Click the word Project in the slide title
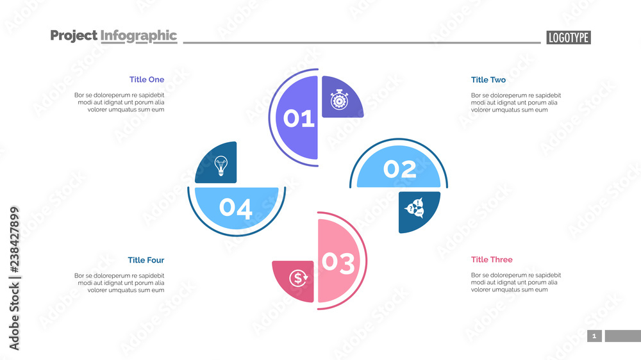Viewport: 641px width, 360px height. point(74,36)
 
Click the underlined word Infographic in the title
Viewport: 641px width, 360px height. point(138,36)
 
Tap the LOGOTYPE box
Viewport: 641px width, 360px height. point(569,38)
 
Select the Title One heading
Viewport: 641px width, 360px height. point(147,79)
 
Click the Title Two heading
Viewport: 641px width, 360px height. point(488,79)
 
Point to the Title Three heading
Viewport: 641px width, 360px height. point(492,259)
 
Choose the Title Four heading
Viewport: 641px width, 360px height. point(146,260)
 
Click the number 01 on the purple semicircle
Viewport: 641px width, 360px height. point(299,119)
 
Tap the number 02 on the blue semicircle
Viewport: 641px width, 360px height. point(400,169)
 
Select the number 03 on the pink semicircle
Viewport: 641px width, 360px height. point(338,262)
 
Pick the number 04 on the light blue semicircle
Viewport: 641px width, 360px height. point(236,208)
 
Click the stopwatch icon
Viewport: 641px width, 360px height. point(339,100)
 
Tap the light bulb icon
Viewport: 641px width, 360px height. point(221,165)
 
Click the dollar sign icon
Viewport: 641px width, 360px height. point(298,278)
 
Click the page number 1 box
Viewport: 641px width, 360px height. point(594,336)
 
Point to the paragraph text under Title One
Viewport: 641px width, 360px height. point(119,102)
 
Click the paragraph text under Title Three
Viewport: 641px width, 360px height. point(514,282)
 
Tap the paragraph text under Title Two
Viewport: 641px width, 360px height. point(514,102)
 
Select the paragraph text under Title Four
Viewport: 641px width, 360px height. point(119,282)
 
